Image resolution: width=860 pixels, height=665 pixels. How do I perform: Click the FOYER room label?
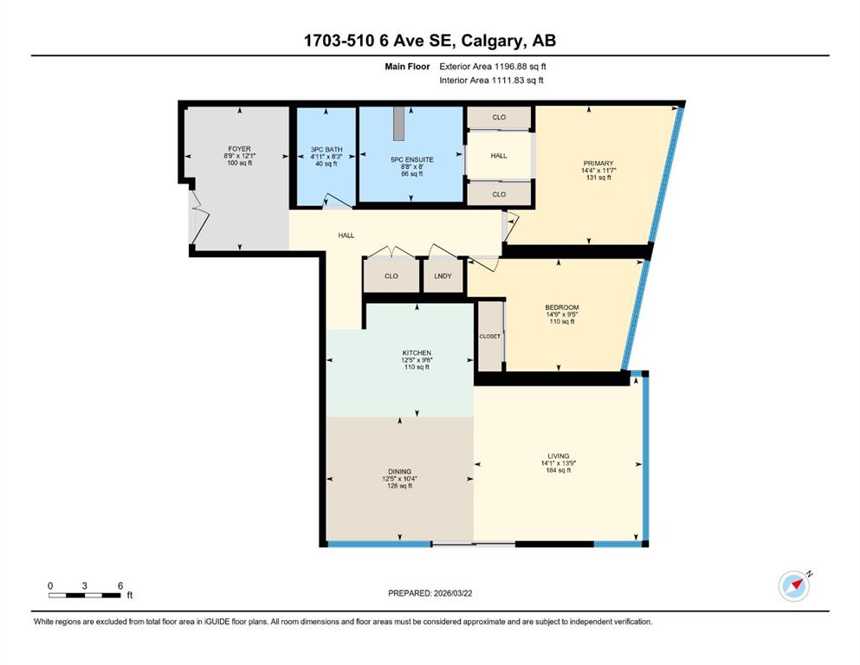240,149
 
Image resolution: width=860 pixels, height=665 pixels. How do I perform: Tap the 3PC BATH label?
327,149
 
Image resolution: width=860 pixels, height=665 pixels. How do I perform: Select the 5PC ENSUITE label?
412,159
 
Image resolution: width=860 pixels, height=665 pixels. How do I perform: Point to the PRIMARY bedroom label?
598,164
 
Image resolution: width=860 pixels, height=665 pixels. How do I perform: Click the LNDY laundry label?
443,276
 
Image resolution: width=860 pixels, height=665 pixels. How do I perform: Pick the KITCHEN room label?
417,353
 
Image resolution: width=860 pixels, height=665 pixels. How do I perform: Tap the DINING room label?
400,472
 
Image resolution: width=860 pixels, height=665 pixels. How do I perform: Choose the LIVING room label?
559,456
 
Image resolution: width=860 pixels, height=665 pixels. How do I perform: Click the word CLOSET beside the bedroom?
490,337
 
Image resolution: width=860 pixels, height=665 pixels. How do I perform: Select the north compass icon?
795,585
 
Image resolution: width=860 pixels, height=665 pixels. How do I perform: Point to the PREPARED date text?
430,593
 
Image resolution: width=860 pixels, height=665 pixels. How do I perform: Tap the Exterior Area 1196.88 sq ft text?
493,67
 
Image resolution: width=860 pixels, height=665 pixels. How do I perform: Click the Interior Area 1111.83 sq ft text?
491,80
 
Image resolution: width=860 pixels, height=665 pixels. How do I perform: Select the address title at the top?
430,41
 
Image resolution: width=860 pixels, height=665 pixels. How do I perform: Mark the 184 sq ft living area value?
559,470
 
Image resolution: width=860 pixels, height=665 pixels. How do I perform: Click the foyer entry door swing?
200,217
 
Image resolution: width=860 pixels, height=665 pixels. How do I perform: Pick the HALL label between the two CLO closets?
499,156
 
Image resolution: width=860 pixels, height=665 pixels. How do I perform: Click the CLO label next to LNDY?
391,276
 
